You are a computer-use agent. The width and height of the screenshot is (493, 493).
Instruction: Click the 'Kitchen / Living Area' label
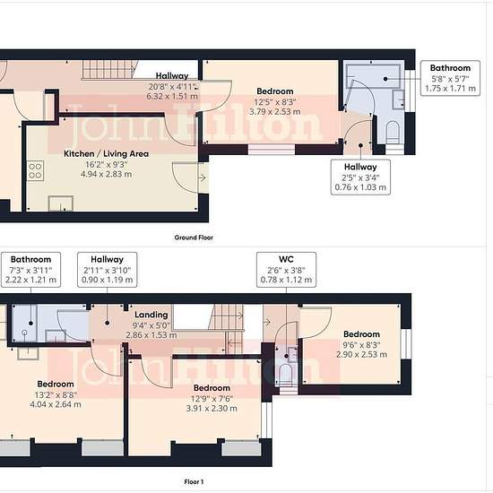[106, 154]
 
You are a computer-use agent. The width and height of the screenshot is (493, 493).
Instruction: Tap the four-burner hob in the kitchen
[35, 170]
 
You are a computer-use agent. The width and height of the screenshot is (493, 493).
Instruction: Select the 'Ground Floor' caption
[194, 238]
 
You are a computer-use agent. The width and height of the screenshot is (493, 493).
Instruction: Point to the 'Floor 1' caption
[194, 481]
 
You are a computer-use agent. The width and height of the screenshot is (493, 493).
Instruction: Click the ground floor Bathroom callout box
[450, 78]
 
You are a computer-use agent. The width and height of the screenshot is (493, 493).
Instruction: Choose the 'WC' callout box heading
[286, 259]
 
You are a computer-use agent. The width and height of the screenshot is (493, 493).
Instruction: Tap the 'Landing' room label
[151, 315]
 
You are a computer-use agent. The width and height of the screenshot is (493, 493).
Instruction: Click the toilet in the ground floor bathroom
[393, 132]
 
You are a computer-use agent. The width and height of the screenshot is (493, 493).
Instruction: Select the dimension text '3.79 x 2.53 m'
[275, 112]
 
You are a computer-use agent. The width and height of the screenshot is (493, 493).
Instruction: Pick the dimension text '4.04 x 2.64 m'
[56, 404]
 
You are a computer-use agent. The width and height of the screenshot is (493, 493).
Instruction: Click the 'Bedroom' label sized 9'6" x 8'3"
[361, 334]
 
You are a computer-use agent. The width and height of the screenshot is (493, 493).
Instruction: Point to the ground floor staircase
[110, 70]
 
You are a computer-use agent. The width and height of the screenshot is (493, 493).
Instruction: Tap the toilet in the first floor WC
[285, 374]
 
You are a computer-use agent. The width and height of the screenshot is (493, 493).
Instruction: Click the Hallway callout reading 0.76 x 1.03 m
[360, 177]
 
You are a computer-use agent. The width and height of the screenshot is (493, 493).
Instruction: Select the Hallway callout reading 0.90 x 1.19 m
[108, 270]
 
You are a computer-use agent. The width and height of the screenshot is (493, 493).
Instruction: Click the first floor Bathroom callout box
[30, 270]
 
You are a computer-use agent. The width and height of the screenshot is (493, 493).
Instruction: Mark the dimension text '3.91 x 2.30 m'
[212, 409]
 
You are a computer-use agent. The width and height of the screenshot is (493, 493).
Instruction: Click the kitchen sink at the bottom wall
[61, 203]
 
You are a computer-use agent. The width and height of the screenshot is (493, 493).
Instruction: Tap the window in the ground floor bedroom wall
[272, 150]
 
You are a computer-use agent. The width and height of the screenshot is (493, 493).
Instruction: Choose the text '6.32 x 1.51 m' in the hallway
[172, 96]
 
